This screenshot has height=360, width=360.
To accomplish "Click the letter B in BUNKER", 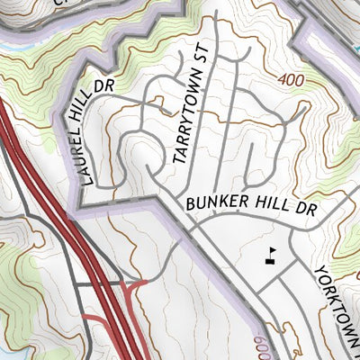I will [192, 204].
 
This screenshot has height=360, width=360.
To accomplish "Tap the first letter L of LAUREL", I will [84, 179].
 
